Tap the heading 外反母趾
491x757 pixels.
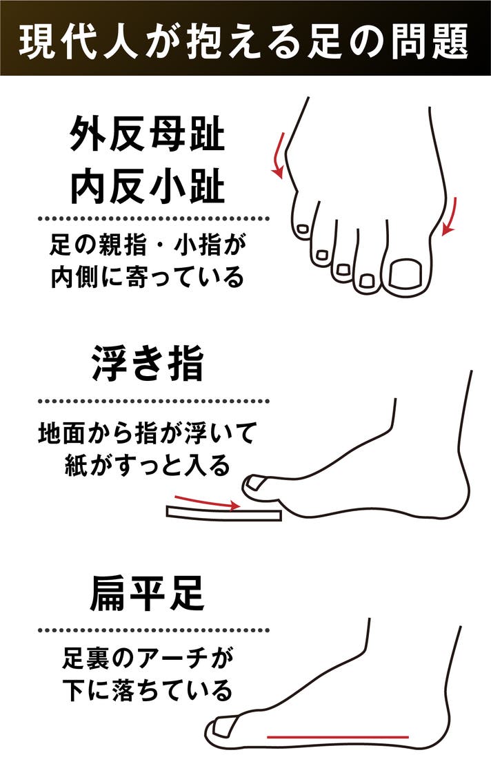point(148,133)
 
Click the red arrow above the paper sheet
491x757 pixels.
point(207,502)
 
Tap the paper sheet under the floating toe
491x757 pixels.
point(223,513)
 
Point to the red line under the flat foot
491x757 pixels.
point(338,737)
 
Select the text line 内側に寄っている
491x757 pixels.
point(148,277)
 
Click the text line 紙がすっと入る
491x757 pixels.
point(148,465)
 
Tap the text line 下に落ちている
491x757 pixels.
point(148,691)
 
